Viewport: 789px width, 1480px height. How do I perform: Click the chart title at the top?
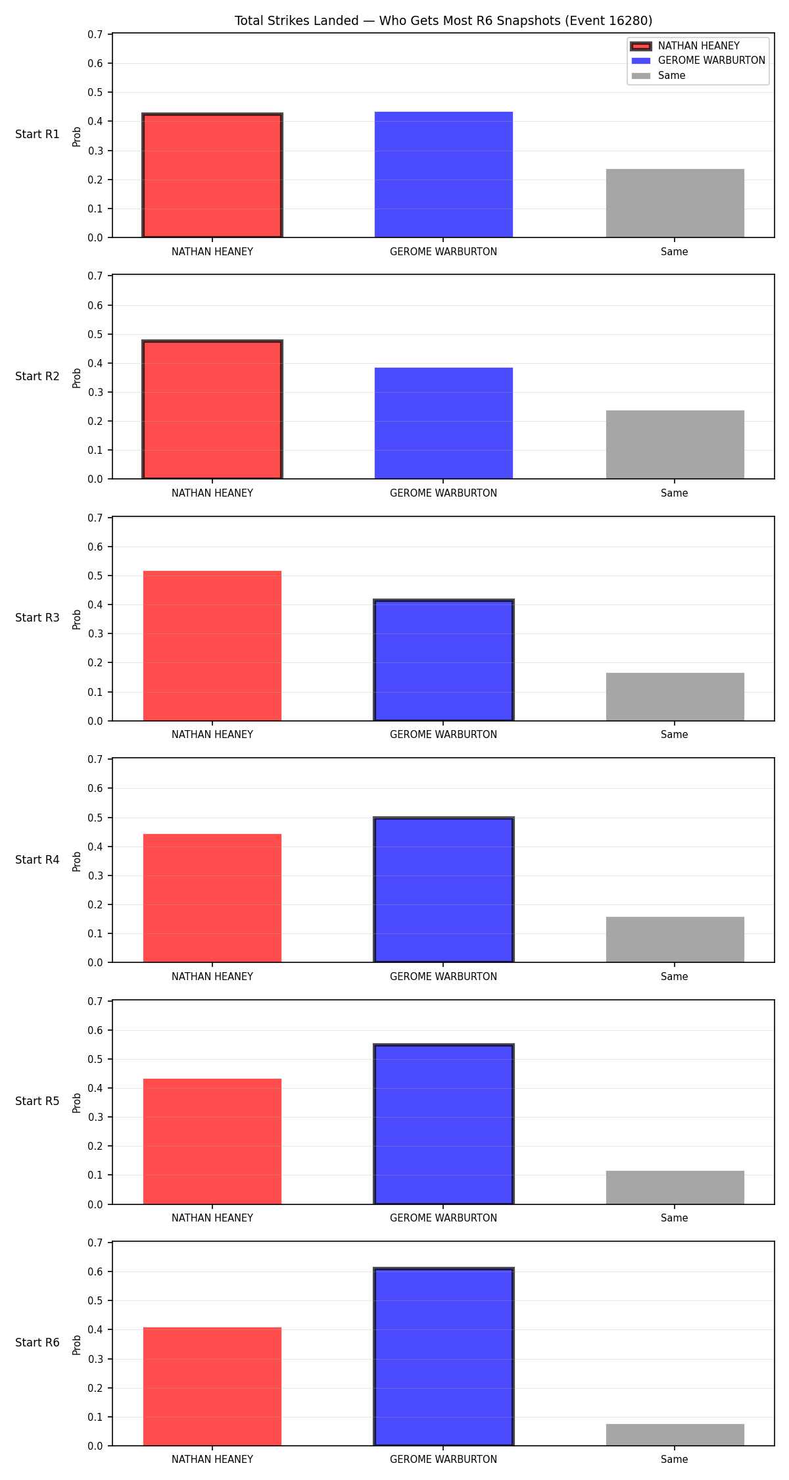pos(443,21)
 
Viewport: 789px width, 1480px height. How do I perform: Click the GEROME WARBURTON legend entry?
pos(698,61)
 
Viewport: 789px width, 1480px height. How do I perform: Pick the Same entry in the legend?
pos(658,76)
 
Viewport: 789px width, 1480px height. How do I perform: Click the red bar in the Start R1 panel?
pos(212,176)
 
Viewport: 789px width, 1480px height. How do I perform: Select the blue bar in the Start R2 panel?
pos(444,423)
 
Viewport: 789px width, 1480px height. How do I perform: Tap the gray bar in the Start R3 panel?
pos(675,697)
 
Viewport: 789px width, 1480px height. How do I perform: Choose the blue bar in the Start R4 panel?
pos(444,890)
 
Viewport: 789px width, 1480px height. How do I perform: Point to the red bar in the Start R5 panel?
pos(212,1141)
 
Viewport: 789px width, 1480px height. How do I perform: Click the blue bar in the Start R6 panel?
pos(444,1357)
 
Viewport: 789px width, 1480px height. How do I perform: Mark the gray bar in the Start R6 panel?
pos(675,1435)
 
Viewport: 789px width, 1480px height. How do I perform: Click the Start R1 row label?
pos(37,134)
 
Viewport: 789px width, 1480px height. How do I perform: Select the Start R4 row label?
pos(37,860)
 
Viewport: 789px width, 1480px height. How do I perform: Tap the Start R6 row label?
pos(37,1343)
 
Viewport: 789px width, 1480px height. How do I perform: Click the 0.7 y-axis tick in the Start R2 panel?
pos(96,276)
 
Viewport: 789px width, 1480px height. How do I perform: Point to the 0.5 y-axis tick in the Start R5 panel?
pos(96,1059)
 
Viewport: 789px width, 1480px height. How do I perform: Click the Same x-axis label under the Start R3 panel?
pos(675,735)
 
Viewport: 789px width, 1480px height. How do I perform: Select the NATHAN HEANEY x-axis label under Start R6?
pos(212,1460)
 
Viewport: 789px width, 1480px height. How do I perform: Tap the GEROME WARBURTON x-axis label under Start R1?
pos(444,252)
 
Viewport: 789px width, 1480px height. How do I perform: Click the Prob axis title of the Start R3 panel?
pos(77,619)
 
